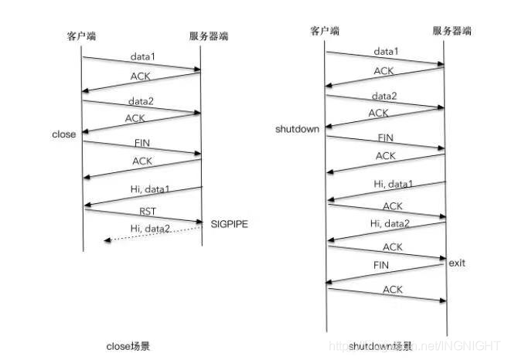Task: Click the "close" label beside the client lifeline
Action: (63, 134)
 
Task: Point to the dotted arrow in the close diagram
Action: (147, 236)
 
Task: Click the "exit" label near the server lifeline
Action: (456, 263)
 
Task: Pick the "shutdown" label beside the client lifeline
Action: (297, 129)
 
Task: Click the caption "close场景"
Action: (128, 346)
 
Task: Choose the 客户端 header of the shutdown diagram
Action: (326, 31)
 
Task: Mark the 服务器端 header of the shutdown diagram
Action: (452, 31)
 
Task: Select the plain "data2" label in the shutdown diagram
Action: (385, 96)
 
